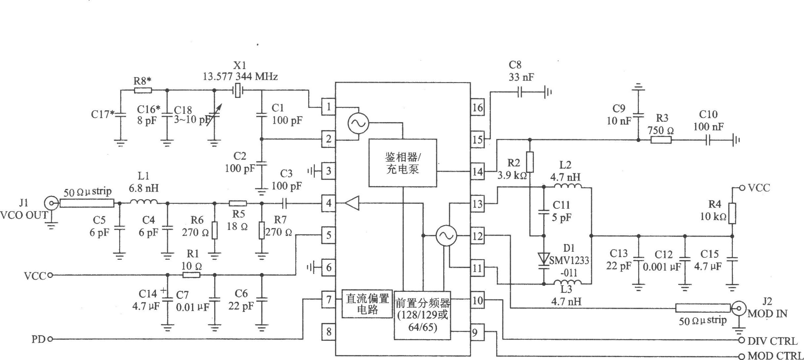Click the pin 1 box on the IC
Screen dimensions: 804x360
click(x=328, y=107)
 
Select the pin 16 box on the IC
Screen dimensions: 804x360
click(x=477, y=107)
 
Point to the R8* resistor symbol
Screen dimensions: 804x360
click(x=143, y=90)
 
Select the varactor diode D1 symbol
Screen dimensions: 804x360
click(x=544, y=259)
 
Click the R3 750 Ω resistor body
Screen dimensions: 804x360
click(x=661, y=140)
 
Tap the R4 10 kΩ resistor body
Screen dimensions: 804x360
click(x=732, y=213)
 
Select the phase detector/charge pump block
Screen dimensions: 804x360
click(x=403, y=163)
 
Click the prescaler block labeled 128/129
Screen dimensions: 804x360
click(x=422, y=316)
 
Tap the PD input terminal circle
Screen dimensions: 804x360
click(x=50, y=339)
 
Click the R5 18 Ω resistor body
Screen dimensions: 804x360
click(x=238, y=203)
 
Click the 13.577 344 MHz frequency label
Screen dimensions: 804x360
click(x=240, y=77)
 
